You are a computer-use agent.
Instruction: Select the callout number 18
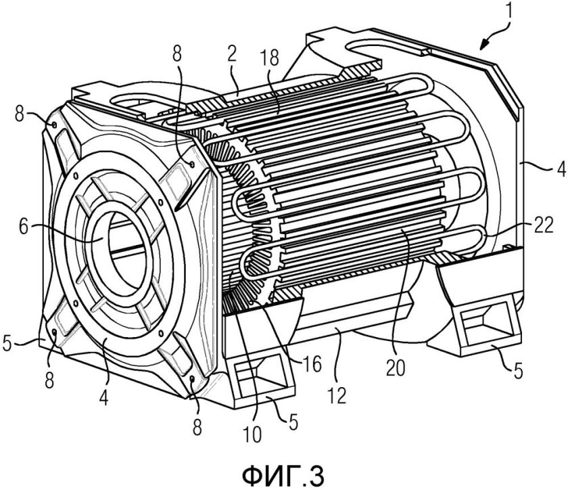pos(269,58)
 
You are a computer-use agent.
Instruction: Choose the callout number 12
pos(336,395)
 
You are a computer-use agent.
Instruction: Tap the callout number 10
pos(251,434)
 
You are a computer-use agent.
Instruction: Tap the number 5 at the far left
pos(7,342)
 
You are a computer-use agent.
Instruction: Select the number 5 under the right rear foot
pos(519,370)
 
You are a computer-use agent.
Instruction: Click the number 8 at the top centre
pos(176,54)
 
